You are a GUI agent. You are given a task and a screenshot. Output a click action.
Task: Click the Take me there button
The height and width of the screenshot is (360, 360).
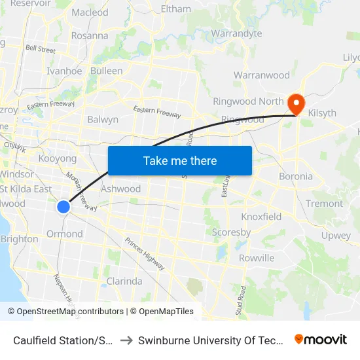pyautogui.click(x=180, y=160)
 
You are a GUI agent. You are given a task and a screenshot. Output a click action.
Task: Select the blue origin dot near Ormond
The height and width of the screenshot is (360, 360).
pyautogui.click(x=63, y=207)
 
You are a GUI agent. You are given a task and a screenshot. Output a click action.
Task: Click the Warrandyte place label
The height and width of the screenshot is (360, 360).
pyautogui.click(x=236, y=33)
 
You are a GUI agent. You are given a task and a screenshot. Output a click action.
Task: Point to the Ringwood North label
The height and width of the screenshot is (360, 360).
pyautogui.click(x=248, y=101)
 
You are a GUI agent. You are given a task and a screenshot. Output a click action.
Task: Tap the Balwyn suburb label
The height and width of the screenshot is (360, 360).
pyautogui.click(x=103, y=120)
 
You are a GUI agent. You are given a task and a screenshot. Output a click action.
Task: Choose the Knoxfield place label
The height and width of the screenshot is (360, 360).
pyautogui.click(x=261, y=217)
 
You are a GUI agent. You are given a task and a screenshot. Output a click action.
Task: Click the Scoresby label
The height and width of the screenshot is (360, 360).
pyautogui.click(x=231, y=232)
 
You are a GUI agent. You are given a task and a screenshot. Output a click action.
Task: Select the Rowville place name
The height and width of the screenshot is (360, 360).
pyautogui.click(x=257, y=258)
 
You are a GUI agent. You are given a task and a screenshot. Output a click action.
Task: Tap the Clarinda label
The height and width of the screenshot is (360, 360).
pyautogui.click(x=124, y=281)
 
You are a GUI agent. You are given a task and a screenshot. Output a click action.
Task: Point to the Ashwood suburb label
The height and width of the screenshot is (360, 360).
pyautogui.click(x=120, y=189)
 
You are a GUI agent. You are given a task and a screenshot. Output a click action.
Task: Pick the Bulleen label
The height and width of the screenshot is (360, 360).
pyautogui.click(x=106, y=71)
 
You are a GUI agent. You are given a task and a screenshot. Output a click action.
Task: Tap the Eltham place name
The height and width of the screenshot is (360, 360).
pyautogui.click(x=176, y=9)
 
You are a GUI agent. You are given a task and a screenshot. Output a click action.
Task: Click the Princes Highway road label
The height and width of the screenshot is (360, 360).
pyautogui.click(x=145, y=253)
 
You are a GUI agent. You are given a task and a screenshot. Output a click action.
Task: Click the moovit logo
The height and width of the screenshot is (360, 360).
pyautogui.click(x=320, y=339)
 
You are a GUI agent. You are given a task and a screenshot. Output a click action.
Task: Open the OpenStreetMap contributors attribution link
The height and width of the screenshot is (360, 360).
pyautogui.click(x=70, y=312)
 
